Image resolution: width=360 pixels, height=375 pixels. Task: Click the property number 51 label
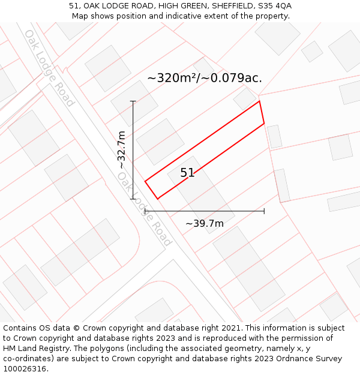click(x=187, y=173)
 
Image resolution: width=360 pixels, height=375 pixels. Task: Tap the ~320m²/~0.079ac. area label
click(x=204, y=78)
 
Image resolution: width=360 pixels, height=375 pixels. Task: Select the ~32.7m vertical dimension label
click(x=122, y=149)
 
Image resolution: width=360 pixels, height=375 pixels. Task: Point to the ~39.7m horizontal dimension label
click(x=204, y=223)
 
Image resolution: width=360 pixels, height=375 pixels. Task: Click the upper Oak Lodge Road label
click(x=49, y=68)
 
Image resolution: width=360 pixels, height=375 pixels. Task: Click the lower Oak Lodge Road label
click(x=145, y=209)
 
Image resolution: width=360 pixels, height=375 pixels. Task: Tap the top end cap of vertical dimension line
click(x=133, y=101)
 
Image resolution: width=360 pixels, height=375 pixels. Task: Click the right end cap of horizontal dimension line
click(x=264, y=211)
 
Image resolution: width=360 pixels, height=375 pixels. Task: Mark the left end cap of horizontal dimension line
click(x=145, y=211)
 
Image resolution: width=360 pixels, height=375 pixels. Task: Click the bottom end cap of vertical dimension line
click(x=133, y=199)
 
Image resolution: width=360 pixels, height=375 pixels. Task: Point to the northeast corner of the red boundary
click(x=259, y=101)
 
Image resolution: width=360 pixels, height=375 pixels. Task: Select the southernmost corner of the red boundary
click(x=158, y=199)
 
